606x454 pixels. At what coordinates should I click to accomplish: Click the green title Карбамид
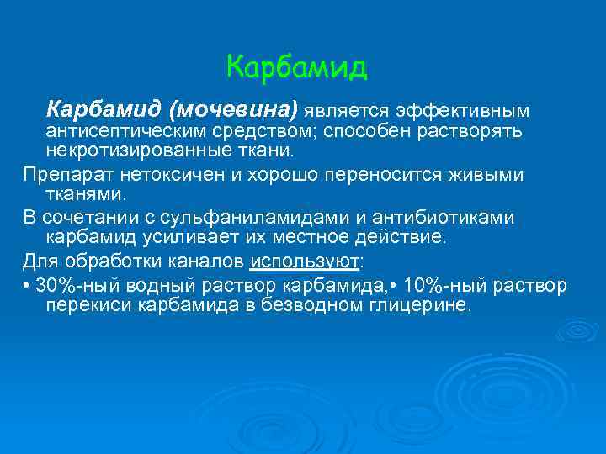(297, 67)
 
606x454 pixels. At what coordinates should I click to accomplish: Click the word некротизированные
(133, 152)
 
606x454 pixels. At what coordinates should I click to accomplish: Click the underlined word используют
(304, 260)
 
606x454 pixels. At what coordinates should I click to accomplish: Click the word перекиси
(87, 305)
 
